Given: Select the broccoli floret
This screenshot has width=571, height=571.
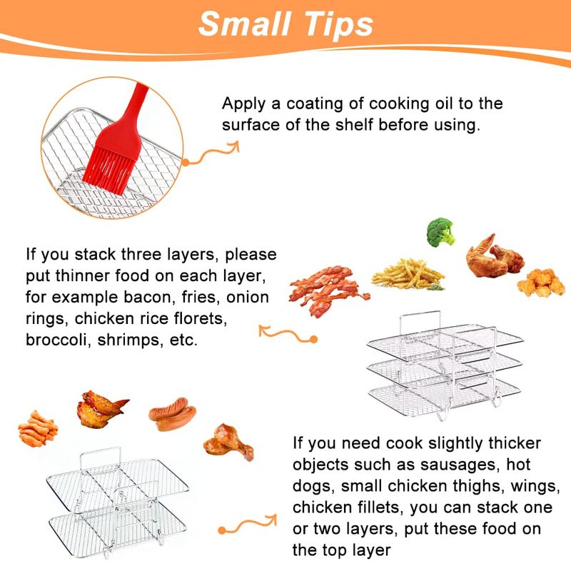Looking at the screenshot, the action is click(x=440, y=232).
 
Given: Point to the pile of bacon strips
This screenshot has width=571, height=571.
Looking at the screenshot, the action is click(x=328, y=290).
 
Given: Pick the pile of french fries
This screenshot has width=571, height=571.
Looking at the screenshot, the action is click(x=408, y=274).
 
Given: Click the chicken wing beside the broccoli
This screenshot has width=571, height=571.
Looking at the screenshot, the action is click(x=495, y=257).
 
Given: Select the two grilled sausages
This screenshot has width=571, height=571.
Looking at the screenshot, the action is click(x=172, y=413).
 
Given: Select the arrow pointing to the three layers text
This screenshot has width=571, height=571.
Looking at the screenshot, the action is click(x=288, y=333).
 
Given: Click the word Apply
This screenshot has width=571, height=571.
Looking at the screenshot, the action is click(x=243, y=104).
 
